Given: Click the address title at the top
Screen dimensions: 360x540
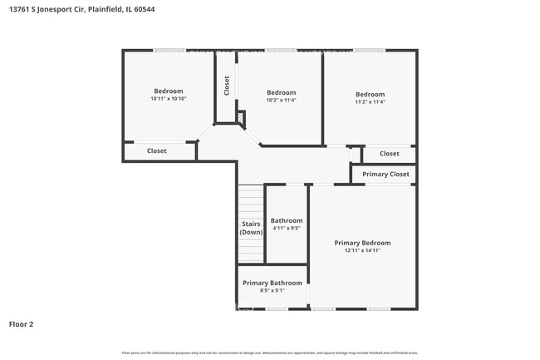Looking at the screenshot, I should click(81, 9).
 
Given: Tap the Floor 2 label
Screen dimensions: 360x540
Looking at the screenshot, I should click(21, 323).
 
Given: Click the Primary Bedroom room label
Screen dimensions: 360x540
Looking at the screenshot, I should click(362, 243).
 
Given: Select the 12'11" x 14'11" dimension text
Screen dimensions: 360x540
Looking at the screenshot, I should click(362, 250).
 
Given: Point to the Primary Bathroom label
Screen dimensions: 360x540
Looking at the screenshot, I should click(272, 283).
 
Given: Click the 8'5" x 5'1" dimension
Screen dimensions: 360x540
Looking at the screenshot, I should click(272, 290).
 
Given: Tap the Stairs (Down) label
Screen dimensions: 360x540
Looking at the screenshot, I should click(251, 228).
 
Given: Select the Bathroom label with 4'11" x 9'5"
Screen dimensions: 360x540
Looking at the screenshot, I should click(287, 220).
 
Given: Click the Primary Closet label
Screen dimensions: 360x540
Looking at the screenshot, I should click(386, 175).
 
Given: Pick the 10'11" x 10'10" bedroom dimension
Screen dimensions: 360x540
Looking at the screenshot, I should click(168, 99).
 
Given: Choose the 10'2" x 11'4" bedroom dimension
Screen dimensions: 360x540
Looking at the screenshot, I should click(281, 101).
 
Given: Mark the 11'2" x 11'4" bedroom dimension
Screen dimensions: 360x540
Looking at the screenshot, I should click(370, 102).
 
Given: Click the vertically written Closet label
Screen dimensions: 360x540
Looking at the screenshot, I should click(226, 86).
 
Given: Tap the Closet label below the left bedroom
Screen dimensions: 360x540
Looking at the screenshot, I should click(157, 151).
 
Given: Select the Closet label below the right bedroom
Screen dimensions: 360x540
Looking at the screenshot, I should click(390, 154).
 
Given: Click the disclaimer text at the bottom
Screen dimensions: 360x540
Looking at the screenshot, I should click(270, 353).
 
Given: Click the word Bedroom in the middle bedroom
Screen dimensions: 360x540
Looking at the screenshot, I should click(281, 92).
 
